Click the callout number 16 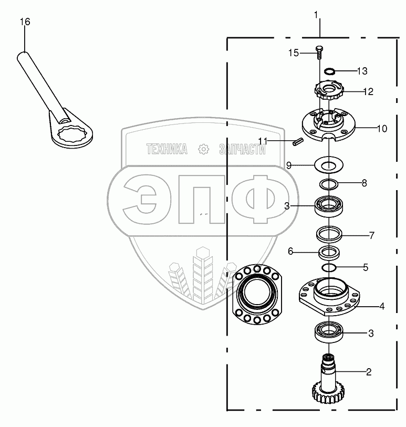pyautogui.click(x=25, y=22)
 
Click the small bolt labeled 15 pyautogui.click(x=319, y=53)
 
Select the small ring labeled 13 pyautogui.click(x=329, y=71)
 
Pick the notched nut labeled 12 pyautogui.click(x=329, y=91)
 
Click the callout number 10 pyautogui.click(x=382, y=129)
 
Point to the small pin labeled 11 pyautogui.click(x=298, y=142)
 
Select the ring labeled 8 pyautogui.click(x=329, y=185)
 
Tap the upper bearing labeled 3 pyautogui.click(x=329, y=206)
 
